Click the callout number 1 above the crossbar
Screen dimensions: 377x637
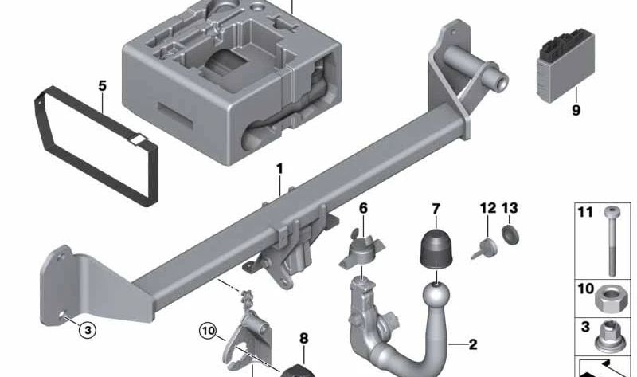point(279,169)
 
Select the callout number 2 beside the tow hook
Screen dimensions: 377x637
point(472,345)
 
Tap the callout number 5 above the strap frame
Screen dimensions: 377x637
point(102,84)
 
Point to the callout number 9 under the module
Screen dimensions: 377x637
point(576,111)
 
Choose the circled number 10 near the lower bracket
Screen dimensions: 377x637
point(209,328)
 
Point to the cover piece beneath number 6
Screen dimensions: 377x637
point(362,250)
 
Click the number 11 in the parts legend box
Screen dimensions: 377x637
point(585,213)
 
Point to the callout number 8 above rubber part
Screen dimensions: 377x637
point(303,338)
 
